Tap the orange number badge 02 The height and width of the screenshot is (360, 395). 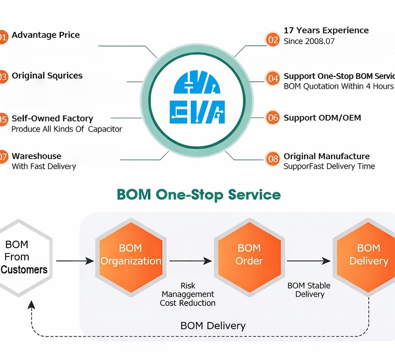click(273, 39)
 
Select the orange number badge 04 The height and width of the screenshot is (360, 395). click(273, 78)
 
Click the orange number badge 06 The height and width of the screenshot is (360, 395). click(273, 118)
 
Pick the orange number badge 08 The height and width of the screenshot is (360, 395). click(273, 158)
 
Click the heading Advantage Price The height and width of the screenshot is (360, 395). click(45, 35)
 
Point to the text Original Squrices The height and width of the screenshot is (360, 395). click(47, 76)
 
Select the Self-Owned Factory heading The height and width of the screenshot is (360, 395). click(52, 118)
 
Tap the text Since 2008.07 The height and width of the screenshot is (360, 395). click(309, 41)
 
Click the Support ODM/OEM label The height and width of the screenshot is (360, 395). click(322, 118)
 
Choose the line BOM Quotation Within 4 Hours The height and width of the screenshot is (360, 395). click(338, 86)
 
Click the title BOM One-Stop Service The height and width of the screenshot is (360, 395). click(198, 194)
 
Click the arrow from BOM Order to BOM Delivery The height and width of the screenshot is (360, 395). click(307, 261)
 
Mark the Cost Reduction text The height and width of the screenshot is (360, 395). click(188, 303)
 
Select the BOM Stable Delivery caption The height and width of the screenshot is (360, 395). click(309, 290)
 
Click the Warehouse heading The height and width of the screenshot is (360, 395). click(37, 156)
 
